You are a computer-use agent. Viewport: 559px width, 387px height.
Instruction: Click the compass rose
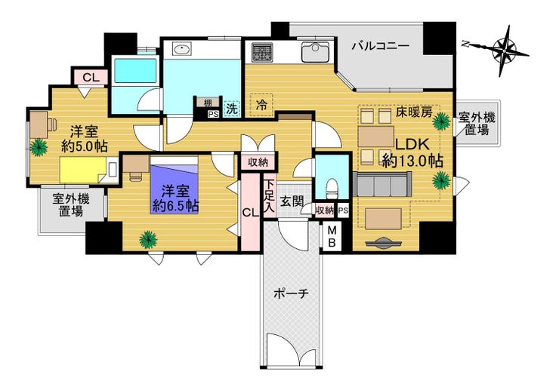click(x=503, y=51)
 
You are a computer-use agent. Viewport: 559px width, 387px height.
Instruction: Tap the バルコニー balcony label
click(x=381, y=46)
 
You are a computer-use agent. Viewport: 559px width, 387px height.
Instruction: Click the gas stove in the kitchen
click(x=262, y=52)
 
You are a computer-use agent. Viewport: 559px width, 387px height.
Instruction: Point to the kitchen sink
click(x=315, y=52)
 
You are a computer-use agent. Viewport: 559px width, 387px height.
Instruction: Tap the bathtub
click(x=135, y=70)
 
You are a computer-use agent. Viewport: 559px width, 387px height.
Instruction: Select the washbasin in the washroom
click(x=182, y=49)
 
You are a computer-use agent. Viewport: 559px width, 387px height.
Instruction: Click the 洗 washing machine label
click(x=232, y=109)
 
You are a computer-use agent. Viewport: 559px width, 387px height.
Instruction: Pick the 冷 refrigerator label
click(x=262, y=105)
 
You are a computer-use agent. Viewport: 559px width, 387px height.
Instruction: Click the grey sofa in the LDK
click(x=381, y=184)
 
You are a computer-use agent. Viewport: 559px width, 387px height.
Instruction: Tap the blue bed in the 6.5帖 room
click(x=174, y=185)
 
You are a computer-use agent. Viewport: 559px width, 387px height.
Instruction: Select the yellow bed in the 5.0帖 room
click(x=83, y=170)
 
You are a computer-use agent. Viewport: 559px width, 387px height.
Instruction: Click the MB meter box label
click(x=332, y=237)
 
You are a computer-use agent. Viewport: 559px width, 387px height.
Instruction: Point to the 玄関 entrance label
click(x=292, y=201)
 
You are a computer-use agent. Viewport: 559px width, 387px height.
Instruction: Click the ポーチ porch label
click(x=291, y=294)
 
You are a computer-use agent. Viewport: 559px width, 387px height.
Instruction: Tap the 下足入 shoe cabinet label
click(x=269, y=195)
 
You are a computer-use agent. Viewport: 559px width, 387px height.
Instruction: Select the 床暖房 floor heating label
click(x=413, y=112)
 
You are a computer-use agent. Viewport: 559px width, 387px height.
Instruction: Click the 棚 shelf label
click(x=208, y=103)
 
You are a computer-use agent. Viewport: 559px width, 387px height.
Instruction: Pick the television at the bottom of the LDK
click(x=383, y=242)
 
